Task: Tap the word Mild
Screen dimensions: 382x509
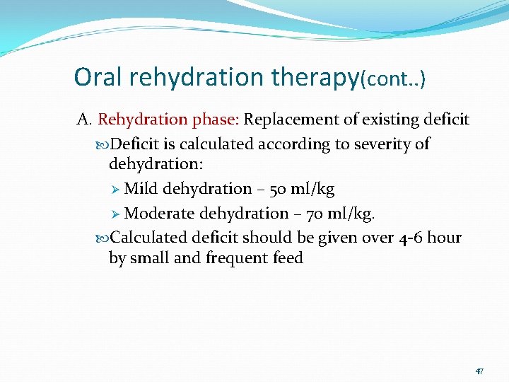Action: [141, 189]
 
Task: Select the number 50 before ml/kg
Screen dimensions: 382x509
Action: [276, 189]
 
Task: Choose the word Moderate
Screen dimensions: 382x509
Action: [160, 213]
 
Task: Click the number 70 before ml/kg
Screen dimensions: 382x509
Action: [314, 213]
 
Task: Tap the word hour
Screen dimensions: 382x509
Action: [445, 237]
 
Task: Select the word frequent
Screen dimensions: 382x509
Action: [237, 258]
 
